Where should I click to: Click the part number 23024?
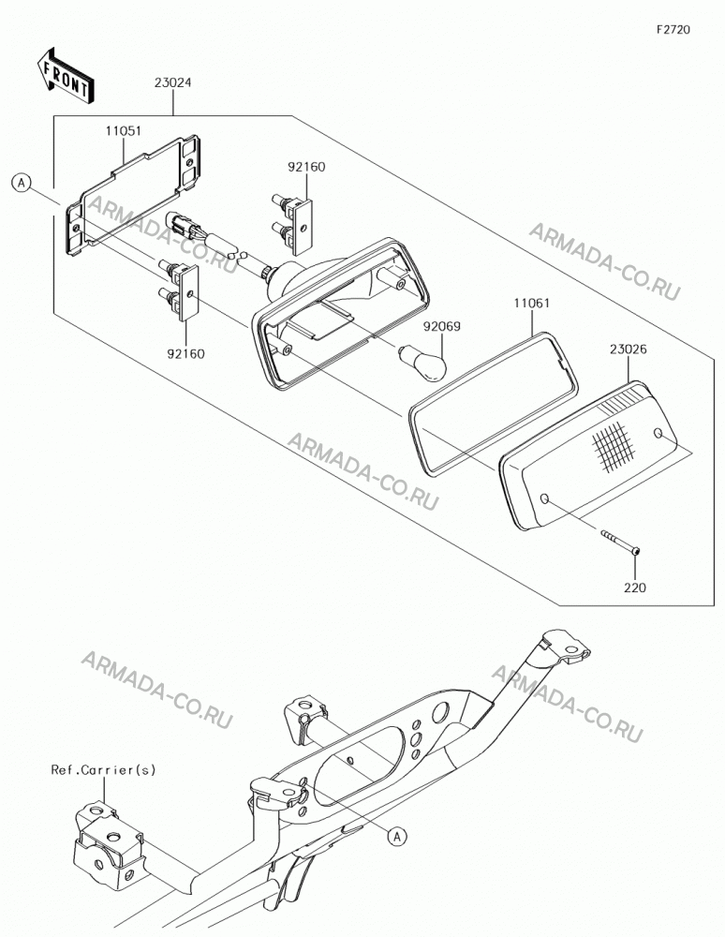[172, 83]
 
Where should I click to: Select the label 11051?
[124, 131]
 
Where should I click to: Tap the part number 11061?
[531, 304]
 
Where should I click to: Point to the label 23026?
[629, 349]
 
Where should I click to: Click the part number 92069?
[442, 326]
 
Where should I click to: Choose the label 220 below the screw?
[635, 588]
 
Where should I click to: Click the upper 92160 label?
[306, 168]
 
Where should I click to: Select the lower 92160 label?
[185, 354]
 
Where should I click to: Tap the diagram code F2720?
[673, 29]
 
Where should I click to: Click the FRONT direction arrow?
[64, 75]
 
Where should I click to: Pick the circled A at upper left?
[22, 183]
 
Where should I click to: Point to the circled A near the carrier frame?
[397, 837]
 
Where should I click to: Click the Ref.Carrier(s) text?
[103, 769]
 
